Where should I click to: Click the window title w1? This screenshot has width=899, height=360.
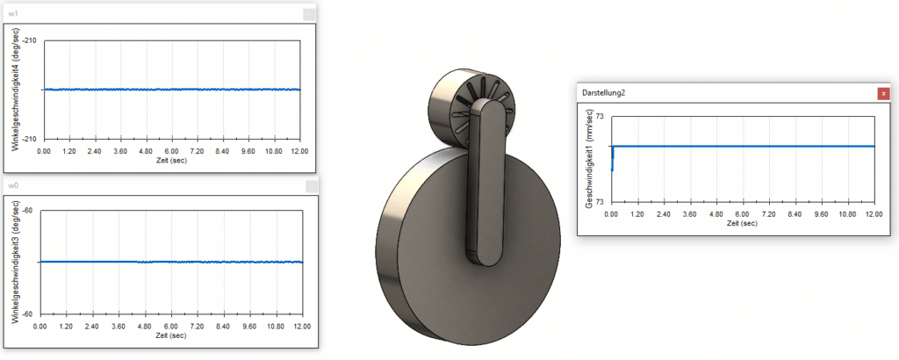tap(13, 14)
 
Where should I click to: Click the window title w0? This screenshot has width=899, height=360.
tap(13, 185)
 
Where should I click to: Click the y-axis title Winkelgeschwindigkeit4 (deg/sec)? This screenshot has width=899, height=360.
tap(16, 89)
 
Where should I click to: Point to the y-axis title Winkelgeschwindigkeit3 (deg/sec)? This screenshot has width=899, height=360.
tap(16, 262)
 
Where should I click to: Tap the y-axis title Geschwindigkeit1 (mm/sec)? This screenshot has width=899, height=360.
tap(589, 159)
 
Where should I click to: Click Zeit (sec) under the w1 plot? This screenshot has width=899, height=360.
tap(172, 161)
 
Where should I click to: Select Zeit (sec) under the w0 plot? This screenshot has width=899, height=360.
tap(172, 335)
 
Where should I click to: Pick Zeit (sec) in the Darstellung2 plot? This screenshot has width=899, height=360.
tap(743, 223)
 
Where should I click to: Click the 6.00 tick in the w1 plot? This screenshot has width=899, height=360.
tap(172, 151)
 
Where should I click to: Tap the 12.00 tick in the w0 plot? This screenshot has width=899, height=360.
tap(301, 326)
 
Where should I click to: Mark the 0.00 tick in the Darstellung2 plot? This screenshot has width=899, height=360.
tap(611, 213)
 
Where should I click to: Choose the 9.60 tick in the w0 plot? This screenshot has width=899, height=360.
tap(249, 326)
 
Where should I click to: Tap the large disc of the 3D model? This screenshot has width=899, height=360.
tap(439, 263)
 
